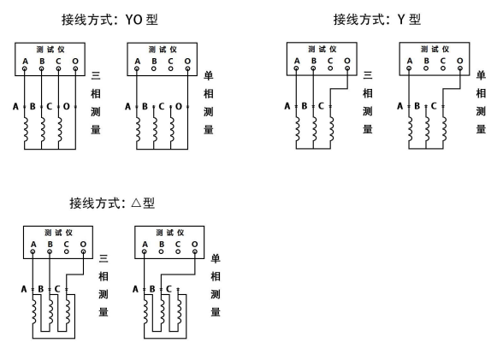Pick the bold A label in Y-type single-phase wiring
(x=400, y=107)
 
